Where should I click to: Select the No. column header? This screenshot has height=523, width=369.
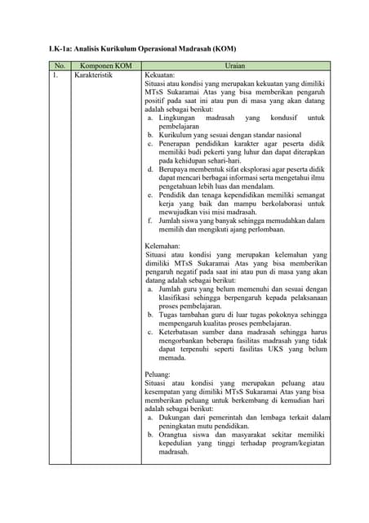[59, 65]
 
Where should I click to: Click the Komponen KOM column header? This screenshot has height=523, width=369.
[106, 65]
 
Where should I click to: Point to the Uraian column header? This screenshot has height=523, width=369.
[235, 65]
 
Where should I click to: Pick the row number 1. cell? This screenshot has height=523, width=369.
[56, 74]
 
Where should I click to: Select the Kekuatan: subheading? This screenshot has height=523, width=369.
[161, 74]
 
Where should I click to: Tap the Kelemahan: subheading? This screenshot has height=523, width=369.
[163, 245]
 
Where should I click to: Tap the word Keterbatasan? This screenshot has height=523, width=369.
[182, 331]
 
